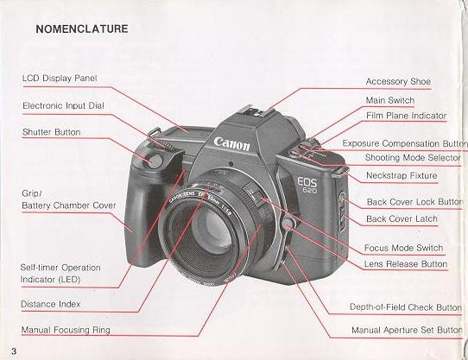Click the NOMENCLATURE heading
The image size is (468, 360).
82,28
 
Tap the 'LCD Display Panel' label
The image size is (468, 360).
60,78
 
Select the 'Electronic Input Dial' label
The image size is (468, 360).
62,105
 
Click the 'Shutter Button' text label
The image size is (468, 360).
51,132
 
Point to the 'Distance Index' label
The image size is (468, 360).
51,303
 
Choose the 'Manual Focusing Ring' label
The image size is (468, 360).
66,330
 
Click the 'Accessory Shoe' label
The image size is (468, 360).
398,81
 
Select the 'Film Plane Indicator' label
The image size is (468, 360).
406,115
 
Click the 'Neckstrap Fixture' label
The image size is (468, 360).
401,175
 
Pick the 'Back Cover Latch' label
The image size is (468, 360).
402,219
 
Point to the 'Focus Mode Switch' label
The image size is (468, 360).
404,249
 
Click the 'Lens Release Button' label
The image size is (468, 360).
406,263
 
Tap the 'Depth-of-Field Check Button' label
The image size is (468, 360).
405,307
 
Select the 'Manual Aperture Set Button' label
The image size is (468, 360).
407,330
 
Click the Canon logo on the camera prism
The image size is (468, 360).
232,141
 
